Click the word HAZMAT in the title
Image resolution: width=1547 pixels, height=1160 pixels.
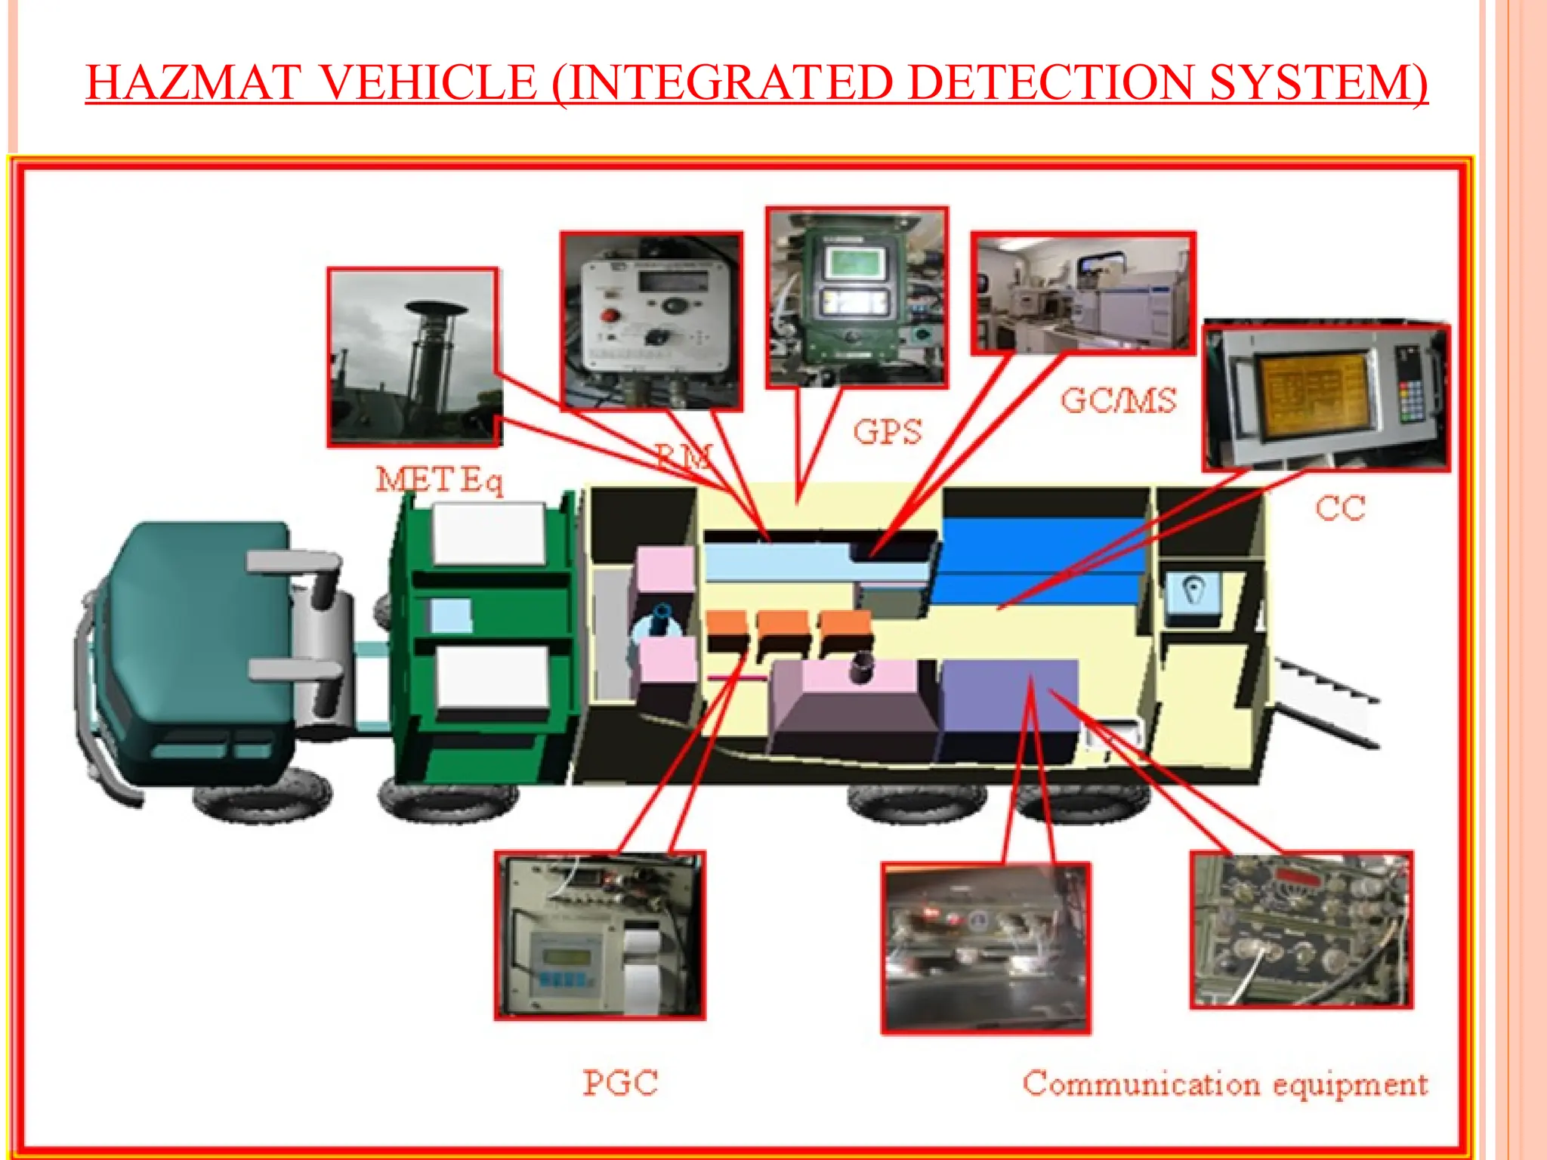pos(193,82)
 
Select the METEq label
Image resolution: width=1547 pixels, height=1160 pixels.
pos(439,480)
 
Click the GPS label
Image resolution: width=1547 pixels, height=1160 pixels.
pos(888,433)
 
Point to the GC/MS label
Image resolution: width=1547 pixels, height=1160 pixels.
pos(1119,400)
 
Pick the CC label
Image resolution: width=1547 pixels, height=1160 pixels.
pos(1341,508)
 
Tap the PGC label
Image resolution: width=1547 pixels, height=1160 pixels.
pos(620,1083)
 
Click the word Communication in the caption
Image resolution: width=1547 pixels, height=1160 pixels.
pos(1141,1084)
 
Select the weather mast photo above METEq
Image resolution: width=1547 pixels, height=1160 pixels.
pos(414,357)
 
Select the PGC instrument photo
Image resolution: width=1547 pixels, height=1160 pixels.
pos(600,936)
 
